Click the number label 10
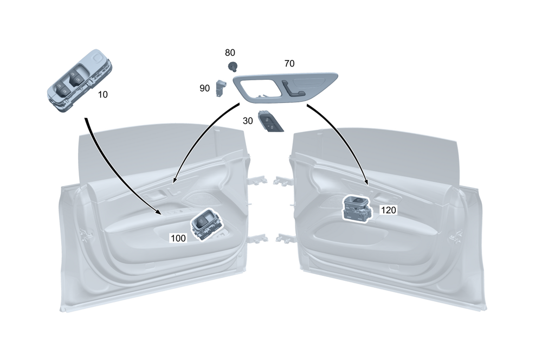pyautogui.click(x=103, y=94)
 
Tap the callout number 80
pyautogui.click(x=230, y=53)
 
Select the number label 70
pyautogui.click(x=289, y=63)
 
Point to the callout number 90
pyautogui.click(x=204, y=88)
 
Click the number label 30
pyautogui.click(x=248, y=121)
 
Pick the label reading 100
pyautogui.click(x=178, y=237)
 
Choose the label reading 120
pyautogui.click(x=388, y=210)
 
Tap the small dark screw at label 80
pyautogui.click(x=233, y=67)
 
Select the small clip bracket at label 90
pyautogui.click(x=221, y=87)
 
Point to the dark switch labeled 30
pyautogui.click(x=271, y=122)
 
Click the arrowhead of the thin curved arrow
pyautogui.click(x=174, y=181)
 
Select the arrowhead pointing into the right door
pyautogui.click(x=366, y=184)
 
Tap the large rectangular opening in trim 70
pyautogui.click(x=260, y=88)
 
